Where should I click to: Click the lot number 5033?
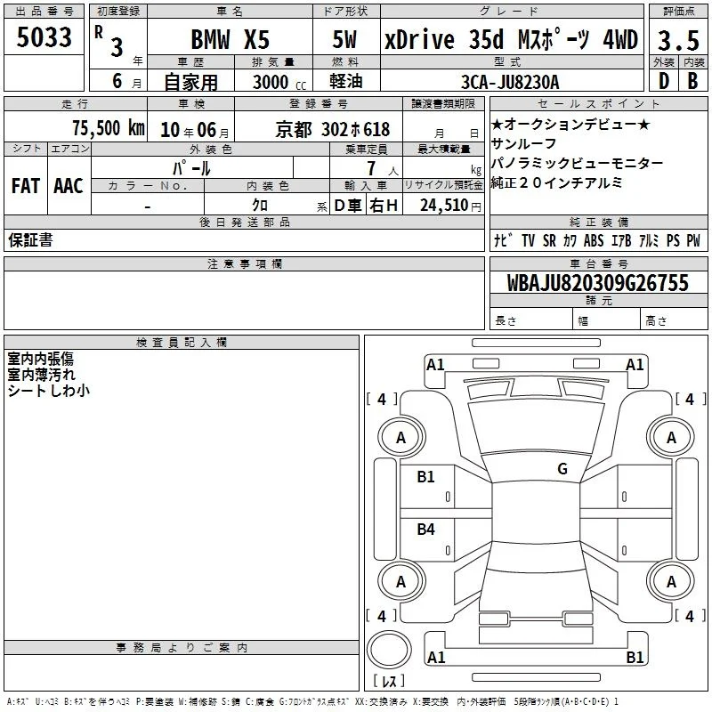tap(44, 37)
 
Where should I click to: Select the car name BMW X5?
tap(231, 39)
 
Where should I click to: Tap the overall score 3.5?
tap(678, 40)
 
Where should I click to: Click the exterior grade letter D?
tap(664, 81)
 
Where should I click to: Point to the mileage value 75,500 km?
tap(109, 128)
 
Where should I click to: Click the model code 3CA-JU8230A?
tap(510, 82)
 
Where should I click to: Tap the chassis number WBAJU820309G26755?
tap(597, 283)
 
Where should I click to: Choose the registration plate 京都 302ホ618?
tap(332, 130)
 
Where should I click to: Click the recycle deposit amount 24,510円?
tap(450, 206)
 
